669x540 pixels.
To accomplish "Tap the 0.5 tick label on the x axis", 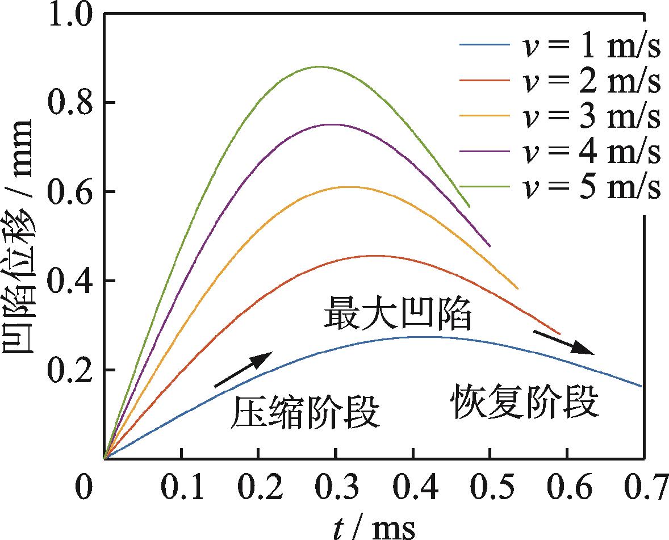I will (x=490, y=487).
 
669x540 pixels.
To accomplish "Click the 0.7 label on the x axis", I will (x=643, y=487).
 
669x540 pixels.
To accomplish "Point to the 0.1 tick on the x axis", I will (x=181, y=487).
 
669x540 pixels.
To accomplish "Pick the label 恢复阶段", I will (x=525, y=403).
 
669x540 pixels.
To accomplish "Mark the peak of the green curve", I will (x=319, y=66).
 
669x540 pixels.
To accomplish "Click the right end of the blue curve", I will (x=641, y=386).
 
